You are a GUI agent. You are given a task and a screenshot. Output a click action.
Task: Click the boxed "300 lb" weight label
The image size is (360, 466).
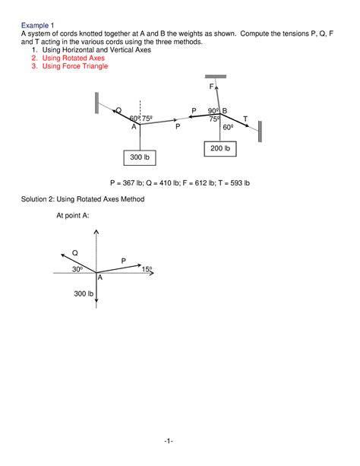pyautogui.click(x=139, y=157)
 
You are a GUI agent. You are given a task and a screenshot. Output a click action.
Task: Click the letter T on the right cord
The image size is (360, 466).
pyautogui.click(x=245, y=118)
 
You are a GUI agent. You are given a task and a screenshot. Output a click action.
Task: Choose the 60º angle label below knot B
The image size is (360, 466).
pyautogui.click(x=226, y=128)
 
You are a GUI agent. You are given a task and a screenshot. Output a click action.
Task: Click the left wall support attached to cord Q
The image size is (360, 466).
pyautogui.click(x=97, y=102)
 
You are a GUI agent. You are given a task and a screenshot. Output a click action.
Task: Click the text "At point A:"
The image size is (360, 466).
pyautogui.click(x=77, y=216)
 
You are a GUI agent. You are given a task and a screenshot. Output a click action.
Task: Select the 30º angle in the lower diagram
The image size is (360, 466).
pyautogui.click(x=77, y=269)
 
